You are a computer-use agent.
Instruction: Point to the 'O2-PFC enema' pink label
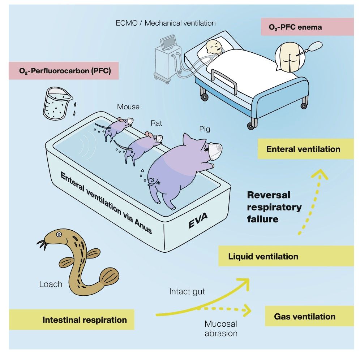tap(307, 27)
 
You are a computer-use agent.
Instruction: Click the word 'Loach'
tap(51, 284)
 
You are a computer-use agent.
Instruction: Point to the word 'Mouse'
tap(128, 107)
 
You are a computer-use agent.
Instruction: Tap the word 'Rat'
tap(156, 123)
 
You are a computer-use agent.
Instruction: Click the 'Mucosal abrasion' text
tap(221, 328)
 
